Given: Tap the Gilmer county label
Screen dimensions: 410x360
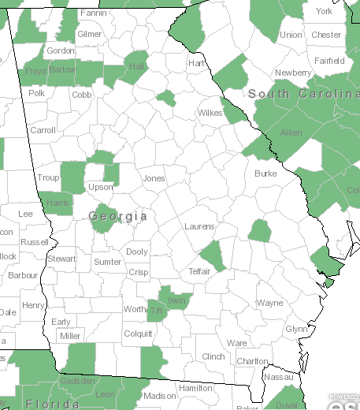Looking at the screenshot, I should point(90,35).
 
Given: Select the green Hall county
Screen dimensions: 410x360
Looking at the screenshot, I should point(139,66).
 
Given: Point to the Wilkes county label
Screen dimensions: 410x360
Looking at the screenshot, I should point(209,113).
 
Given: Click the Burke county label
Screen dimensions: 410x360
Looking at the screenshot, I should point(265,173).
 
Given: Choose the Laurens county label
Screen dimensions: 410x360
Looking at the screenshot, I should point(199,226).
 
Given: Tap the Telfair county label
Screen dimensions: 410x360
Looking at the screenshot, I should point(199,271).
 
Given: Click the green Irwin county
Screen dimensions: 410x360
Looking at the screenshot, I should point(177,300).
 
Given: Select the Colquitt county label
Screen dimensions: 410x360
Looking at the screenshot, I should point(138,334).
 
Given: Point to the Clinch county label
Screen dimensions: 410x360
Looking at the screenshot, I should point(213,356).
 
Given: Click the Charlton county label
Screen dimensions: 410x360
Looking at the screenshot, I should point(252,361).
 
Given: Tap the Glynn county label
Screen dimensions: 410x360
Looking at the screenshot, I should point(296,329).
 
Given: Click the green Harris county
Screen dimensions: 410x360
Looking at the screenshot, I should point(58,203).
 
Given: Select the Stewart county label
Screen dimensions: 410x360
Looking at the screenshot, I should point(61,259).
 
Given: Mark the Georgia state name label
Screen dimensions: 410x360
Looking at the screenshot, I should point(118,215).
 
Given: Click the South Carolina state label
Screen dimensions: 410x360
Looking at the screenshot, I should point(303,94).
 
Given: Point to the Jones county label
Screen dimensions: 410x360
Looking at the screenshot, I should point(154,179).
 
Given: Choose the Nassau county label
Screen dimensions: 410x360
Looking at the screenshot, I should point(281,378).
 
